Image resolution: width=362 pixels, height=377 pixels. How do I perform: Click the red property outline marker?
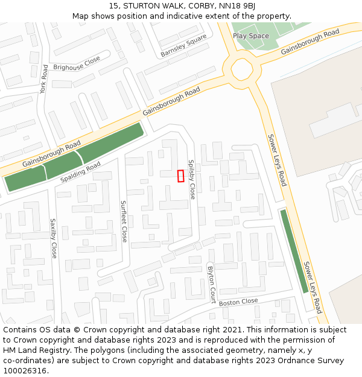tap(180, 176)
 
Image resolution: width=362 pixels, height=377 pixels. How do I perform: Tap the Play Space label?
tap(251, 36)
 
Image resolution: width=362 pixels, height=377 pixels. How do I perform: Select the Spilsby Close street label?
tap(191, 180)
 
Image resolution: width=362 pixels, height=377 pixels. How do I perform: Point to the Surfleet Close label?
tap(123, 221)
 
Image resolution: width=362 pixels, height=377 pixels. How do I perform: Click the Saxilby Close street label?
tap(53, 238)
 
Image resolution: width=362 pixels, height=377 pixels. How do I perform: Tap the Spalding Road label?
tap(80, 173)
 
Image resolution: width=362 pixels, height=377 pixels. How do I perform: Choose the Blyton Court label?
tap(211, 284)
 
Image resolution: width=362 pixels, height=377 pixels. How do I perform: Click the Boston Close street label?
tap(238, 302)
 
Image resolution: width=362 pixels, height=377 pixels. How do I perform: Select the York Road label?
tap(43, 80)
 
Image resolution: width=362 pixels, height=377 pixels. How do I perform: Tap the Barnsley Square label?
tap(183, 46)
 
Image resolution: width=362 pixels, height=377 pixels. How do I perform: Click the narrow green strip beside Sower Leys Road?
tap(294, 250)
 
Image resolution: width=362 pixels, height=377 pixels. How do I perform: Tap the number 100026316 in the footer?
tap(25, 370)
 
